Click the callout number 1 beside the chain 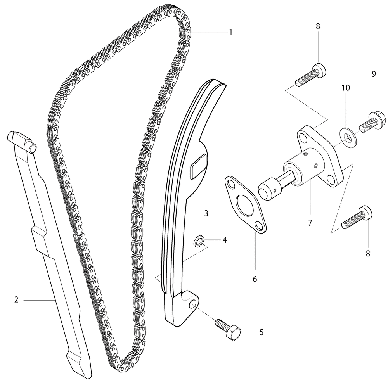(x=230, y=32)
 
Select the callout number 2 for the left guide (x=16, y=299)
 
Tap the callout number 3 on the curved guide (x=206, y=213)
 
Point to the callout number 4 (x=225, y=240)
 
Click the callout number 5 (x=262, y=332)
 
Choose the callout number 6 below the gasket (x=255, y=279)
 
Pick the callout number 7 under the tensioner (x=310, y=223)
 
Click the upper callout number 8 (x=318, y=26)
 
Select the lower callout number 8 (x=368, y=254)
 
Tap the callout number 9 (x=374, y=74)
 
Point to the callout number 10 (x=346, y=88)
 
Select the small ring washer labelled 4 (x=199, y=241)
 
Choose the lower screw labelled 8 (x=357, y=218)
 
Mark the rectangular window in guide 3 (x=198, y=166)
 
